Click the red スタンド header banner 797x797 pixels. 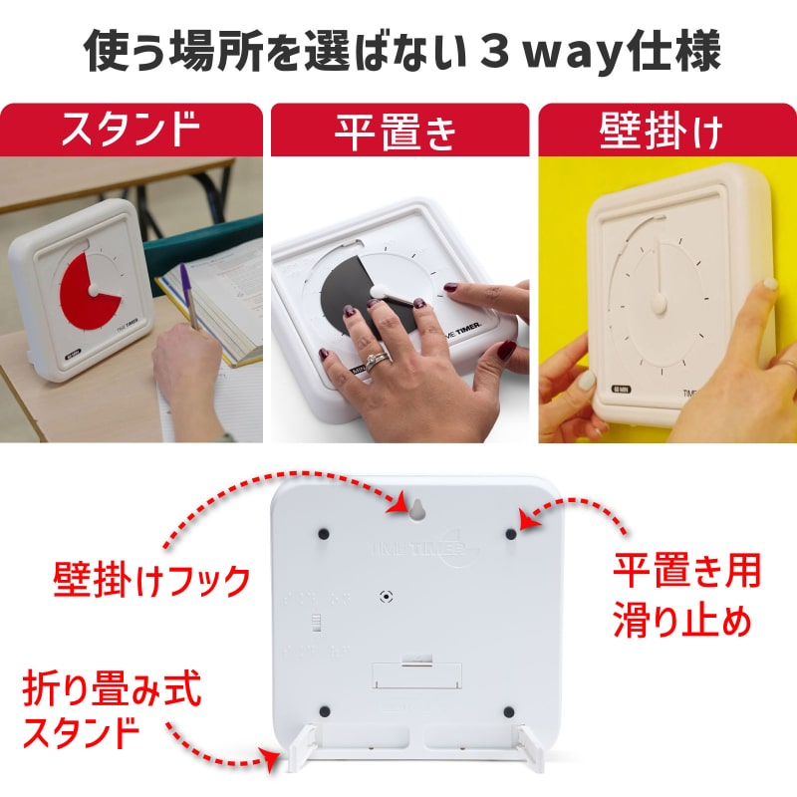[x=132, y=131]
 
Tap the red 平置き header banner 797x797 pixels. [x=398, y=131]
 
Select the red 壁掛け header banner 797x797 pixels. [x=666, y=131]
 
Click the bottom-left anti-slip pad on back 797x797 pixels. [x=325, y=711]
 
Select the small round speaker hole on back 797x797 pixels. [x=385, y=595]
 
